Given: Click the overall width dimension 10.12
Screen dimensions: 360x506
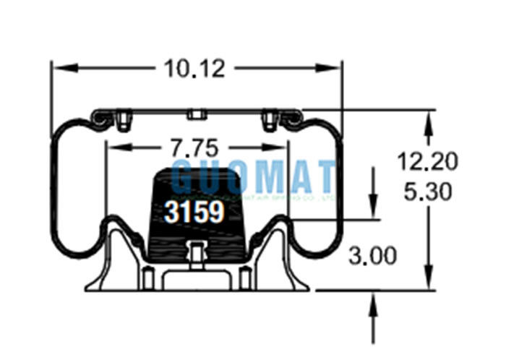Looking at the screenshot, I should pos(194,69).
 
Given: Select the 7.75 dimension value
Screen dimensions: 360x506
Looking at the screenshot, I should pos(194,148).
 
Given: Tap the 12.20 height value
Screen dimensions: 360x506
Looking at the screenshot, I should pos(427,162).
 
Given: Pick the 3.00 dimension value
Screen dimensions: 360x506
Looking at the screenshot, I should pos(373,255).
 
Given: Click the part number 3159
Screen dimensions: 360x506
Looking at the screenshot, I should pos(194,212).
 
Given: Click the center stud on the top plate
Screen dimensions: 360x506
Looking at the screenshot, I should pos(195,114).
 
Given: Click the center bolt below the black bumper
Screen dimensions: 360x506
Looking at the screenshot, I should pos(194,252).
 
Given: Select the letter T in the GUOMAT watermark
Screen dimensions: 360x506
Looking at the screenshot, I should pos(324,176).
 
